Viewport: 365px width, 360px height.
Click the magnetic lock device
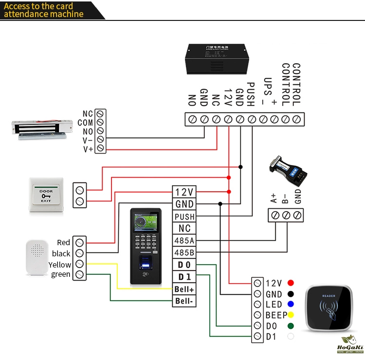(x=41, y=128)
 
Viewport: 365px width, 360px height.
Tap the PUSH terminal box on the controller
(x=184, y=216)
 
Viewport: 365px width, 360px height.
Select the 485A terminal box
(x=184, y=240)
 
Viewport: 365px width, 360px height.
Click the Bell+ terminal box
(x=184, y=289)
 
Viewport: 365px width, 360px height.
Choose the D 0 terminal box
(x=184, y=265)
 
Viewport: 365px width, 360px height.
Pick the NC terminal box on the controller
(x=184, y=228)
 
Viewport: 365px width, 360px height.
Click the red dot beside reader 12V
(x=291, y=283)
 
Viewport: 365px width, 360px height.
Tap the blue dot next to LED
(x=291, y=305)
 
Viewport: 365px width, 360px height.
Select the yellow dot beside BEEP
(x=291, y=315)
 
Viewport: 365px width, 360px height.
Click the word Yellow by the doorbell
(x=60, y=265)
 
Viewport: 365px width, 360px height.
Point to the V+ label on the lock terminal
(x=88, y=149)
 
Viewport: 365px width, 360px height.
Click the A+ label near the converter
(x=274, y=198)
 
